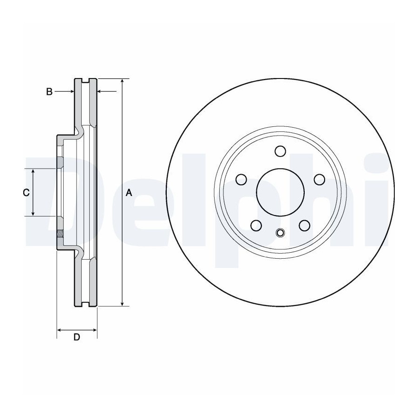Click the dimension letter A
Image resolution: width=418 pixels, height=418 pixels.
click(x=129, y=192)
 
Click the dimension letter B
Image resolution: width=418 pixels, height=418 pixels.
click(x=49, y=91)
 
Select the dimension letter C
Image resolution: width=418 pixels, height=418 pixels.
click(x=26, y=192)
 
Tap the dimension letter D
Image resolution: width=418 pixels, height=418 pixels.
click(x=77, y=337)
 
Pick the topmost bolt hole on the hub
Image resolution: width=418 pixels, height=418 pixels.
click(x=280, y=151)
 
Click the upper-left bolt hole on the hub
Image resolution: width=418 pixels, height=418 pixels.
click(x=241, y=179)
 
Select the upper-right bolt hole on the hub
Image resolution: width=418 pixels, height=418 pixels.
click(x=320, y=179)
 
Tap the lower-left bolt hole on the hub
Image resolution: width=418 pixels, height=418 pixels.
click(x=256, y=226)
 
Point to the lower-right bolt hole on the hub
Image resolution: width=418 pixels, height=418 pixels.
click(x=304, y=226)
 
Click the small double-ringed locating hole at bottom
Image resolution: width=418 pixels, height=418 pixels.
click(x=280, y=233)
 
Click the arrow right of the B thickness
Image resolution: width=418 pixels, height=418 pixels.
click(x=107, y=91)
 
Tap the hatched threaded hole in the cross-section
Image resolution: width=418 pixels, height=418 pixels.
click(x=60, y=234)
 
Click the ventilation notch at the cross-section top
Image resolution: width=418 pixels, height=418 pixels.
click(x=85, y=80)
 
